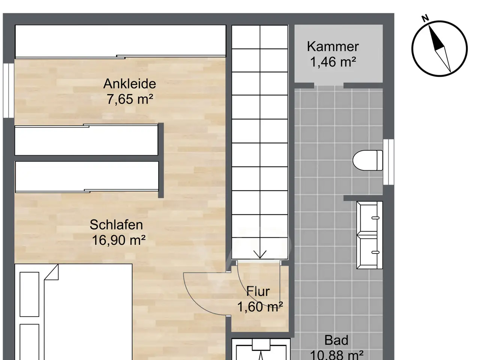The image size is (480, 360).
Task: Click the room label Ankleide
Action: pyautogui.click(x=130, y=84)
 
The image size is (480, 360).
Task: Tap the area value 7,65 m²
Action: pyautogui.click(x=130, y=99)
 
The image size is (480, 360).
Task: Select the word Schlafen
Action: pyautogui.click(x=116, y=225)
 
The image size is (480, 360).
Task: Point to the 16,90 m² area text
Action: pyautogui.click(x=119, y=240)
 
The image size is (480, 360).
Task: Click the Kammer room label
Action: pyautogui.click(x=333, y=46)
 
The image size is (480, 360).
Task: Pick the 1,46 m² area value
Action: pyautogui.click(x=333, y=61)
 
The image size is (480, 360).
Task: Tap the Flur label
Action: pyautogui.click(x=258, y=291)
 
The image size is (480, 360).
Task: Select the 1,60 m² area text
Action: pyautogui.click(x=260, y=306)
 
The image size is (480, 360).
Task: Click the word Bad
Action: pyautogui.click(x=336, y=340)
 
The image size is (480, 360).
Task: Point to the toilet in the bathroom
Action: pyautogui.click(x=367, y=160)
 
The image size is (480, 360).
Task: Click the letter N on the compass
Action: pyautogui.click(x=425, y=18)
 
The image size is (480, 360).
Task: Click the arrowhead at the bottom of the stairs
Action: pyautogui.click(x=260, y=254)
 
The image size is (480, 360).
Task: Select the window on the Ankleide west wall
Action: pyautogui.click(x=9, y=90)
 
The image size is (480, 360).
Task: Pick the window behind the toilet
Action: pyautogui.click(x=388, y=162)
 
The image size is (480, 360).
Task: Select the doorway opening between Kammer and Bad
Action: pyautogui.click(x=328, y=85)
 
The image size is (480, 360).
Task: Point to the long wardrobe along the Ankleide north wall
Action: pyautogui.click(x=120, y=41)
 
